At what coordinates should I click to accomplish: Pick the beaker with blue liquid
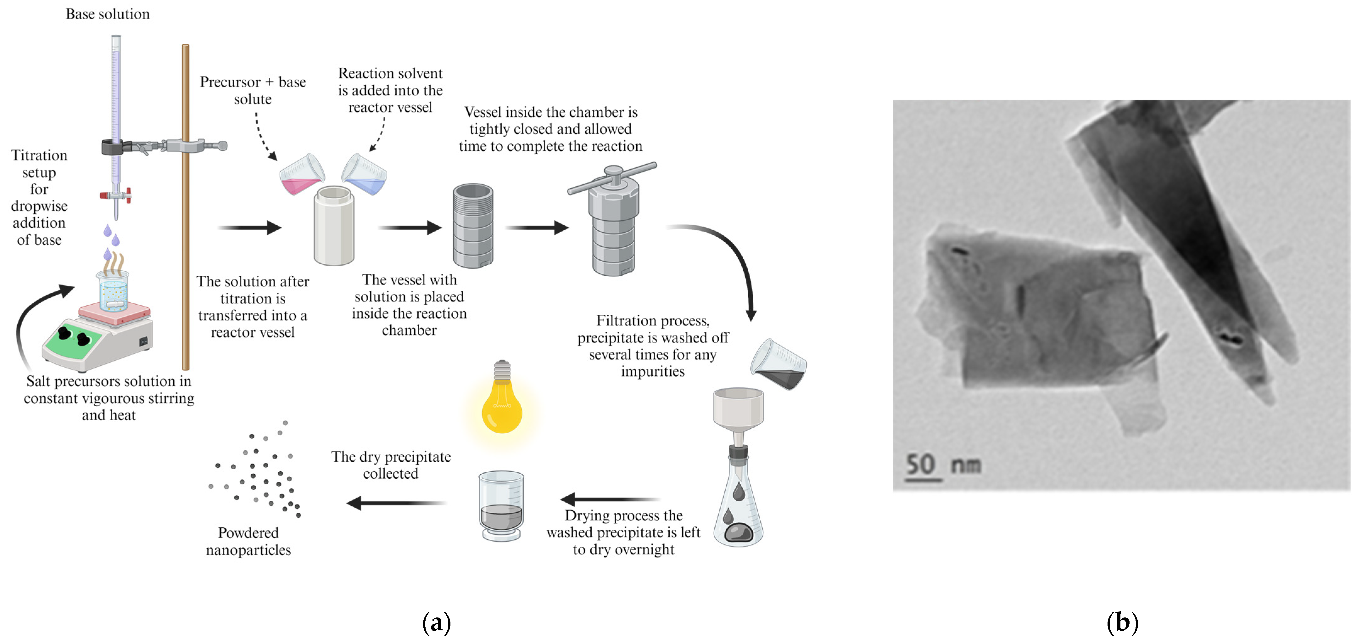click(x=365, y=175)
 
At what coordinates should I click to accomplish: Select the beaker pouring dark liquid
click(x=779, y=365)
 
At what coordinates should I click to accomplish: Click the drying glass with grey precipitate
click(x=501, y=505)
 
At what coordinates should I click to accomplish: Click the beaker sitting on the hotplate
click(x=113, y=291)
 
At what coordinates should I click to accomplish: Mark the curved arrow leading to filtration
click(x=730, y=259)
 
